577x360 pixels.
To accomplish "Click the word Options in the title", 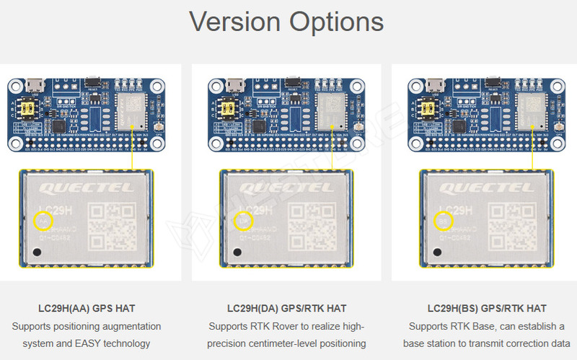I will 336,22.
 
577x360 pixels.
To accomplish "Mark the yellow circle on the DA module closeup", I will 244,221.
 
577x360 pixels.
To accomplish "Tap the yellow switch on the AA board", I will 32,107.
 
